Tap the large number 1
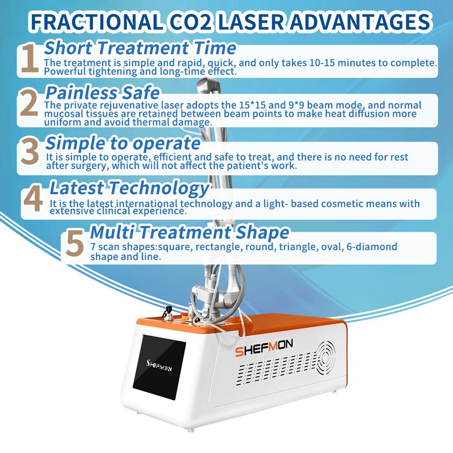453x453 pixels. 29,59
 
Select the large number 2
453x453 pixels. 29,105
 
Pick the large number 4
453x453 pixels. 33,199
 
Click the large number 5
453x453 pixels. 75,243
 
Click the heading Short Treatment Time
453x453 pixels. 140,48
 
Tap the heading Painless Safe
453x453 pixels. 102,92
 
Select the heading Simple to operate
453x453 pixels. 123,143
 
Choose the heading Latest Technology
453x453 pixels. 129,188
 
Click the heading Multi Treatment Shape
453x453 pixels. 189,232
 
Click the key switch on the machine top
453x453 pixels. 166,313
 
